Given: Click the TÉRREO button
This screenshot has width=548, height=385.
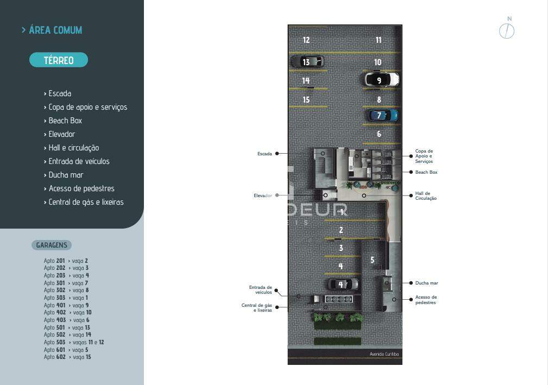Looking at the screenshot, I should pos(59,60).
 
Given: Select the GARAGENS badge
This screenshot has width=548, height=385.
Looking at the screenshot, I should pos(52,245).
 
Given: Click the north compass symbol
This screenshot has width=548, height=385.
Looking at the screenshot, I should pos(506,30).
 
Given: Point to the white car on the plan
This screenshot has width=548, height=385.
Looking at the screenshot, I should pos(381,80).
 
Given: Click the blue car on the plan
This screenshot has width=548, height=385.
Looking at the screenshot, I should pos(383,115).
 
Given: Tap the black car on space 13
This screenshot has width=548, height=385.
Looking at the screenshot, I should pos(307,62).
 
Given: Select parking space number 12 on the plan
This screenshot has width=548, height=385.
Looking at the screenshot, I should pos(306,40).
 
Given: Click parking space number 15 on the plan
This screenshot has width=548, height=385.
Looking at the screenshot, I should pos(306,100).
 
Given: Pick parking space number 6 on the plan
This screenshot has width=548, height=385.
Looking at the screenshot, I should pos(379,134).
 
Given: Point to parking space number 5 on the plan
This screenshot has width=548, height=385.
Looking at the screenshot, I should pos(372,260).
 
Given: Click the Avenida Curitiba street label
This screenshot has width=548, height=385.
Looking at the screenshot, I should pos(384,354).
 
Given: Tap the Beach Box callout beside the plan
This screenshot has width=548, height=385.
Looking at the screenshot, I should pos(426,172).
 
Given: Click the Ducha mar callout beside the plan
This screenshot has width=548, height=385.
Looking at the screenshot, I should pos(426,283).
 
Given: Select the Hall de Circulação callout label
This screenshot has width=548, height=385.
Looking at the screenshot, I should pos(426,196).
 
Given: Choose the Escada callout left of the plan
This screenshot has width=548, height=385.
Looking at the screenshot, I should pos(264,154).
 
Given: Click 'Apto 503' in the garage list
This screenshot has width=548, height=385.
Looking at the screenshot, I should pos(55,342).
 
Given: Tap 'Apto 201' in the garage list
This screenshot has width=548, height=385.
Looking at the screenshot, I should pos(54,261).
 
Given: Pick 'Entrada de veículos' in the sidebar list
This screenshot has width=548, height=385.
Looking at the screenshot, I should pos(79,161).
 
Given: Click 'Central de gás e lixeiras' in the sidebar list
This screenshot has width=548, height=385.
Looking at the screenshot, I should pos(86,202).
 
